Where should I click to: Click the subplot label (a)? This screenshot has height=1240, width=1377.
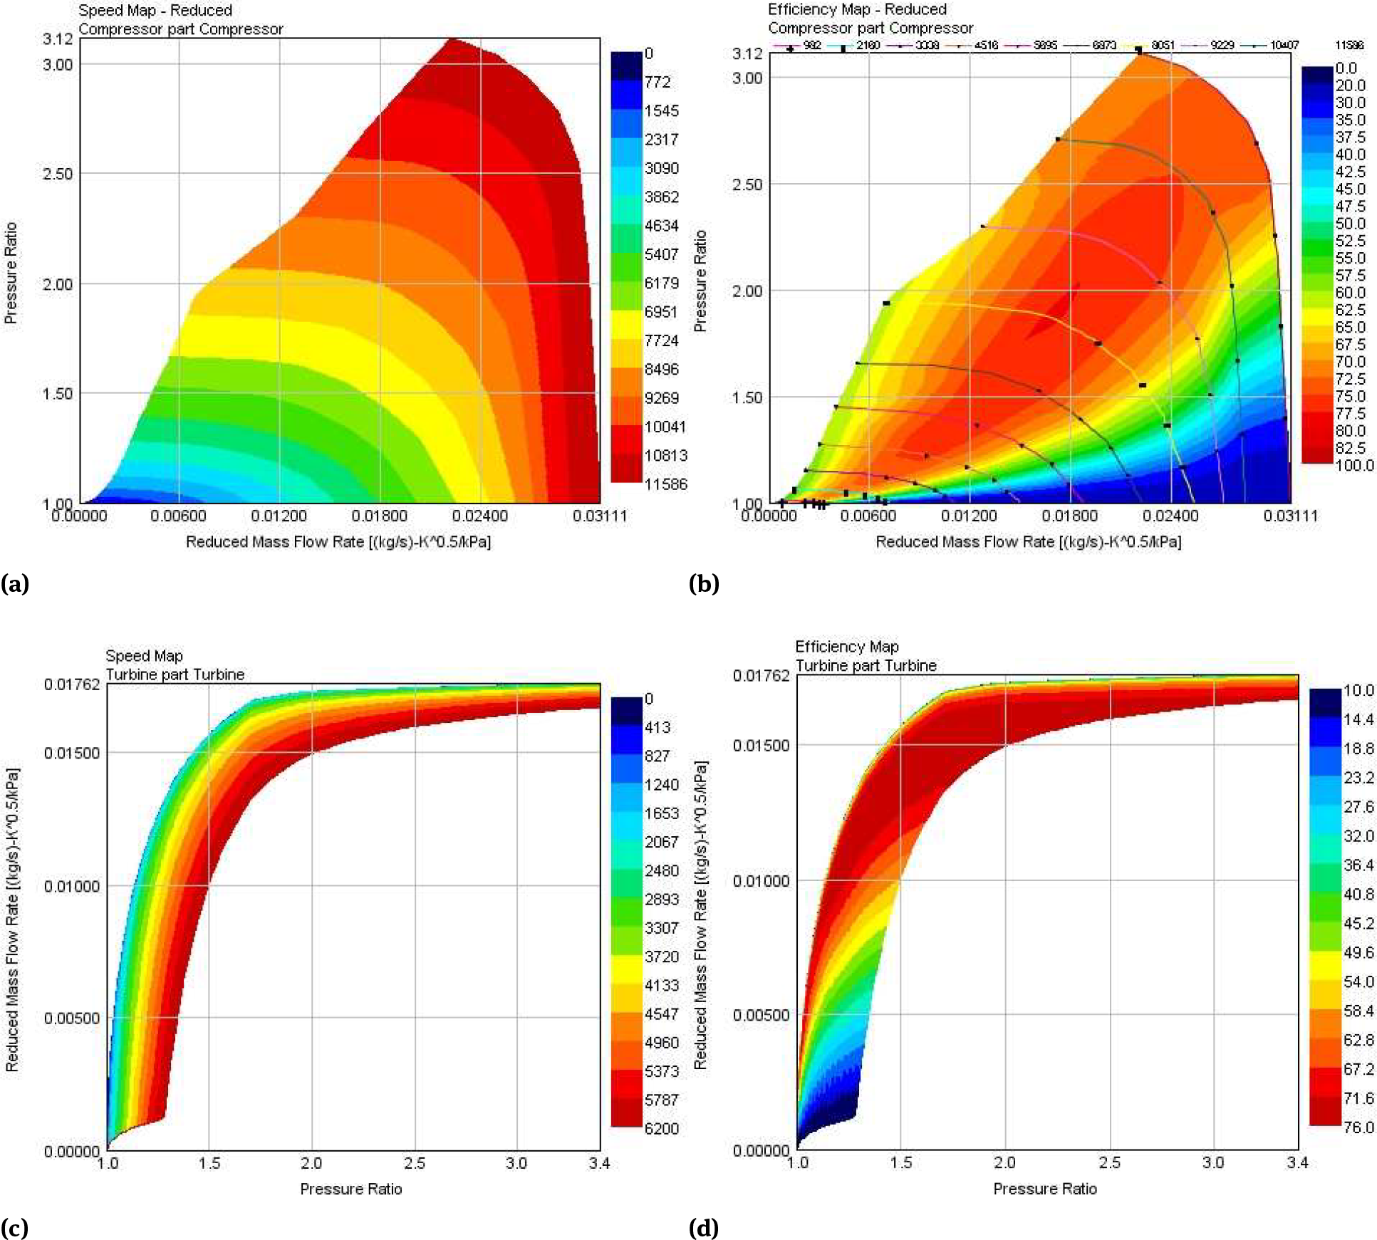click(15, 584)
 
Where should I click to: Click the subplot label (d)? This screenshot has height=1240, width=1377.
click(704, 1227)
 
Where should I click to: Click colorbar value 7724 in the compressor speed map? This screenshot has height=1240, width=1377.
click(661, 340)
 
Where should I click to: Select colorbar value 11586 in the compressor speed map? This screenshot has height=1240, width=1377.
click(665, 484)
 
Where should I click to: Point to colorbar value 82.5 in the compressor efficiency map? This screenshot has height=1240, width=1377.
click(1350, 448)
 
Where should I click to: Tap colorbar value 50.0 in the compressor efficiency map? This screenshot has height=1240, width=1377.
click(1350, 224)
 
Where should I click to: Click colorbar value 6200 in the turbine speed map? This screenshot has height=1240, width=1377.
click(661, 1128)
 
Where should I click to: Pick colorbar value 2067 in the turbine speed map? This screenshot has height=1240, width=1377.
click(661, 842)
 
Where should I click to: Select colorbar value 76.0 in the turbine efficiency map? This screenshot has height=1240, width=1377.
click(1358, 1127)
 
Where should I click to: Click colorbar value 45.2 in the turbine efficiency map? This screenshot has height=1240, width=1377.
click(1358, 923)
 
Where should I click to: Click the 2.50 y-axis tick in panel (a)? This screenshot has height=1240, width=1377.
click(58, 174)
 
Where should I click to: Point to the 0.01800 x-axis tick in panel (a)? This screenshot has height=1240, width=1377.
click(380, 516)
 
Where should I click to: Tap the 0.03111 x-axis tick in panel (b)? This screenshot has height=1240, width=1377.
click(1290, 516)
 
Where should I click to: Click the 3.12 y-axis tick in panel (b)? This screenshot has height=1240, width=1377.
click(747, 53)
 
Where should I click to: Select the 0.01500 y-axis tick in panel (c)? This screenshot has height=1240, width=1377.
click(72, 754)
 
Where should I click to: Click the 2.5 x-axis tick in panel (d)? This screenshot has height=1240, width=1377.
click(1109, 1162)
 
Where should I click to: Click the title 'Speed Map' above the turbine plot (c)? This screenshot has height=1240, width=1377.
click(144, 655)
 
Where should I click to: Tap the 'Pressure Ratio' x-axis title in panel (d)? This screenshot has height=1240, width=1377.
click(1044, 1188)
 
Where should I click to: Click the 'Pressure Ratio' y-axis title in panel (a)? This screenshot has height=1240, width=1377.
click(10, 273)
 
